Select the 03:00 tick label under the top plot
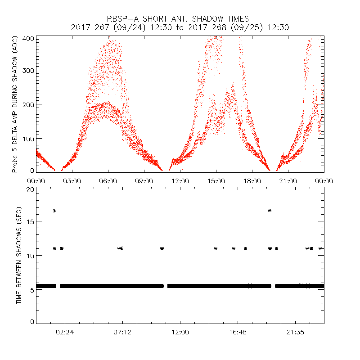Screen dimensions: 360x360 [x=72, y=181]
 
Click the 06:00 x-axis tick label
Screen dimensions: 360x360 [x=108, y=181]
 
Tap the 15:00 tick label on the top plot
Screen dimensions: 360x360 [x=216, y=181]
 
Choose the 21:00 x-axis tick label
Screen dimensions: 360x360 [x=288, y=181]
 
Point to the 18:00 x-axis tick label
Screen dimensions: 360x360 [x=252, y=181]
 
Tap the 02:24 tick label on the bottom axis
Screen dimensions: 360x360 [x=65, y=332]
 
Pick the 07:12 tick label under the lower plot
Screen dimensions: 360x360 [x=122, y=332]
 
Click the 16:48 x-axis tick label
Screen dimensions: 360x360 [x=238, y=332]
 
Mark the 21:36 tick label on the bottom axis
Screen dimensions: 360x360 [x=295, y=332]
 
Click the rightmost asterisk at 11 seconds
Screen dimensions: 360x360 [x=320, y=248]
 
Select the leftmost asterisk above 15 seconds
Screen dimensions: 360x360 [x=54, y=211]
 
